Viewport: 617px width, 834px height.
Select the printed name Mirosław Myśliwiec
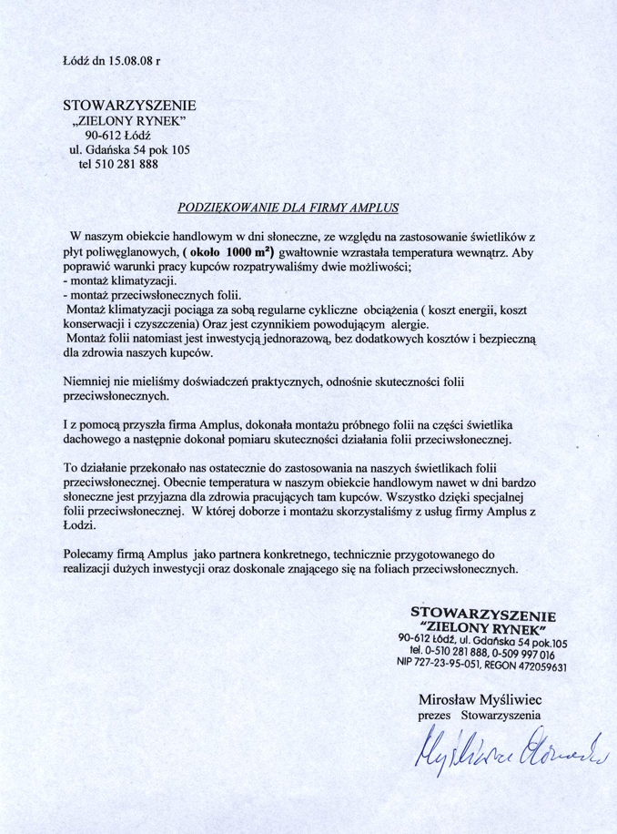coord(473,699)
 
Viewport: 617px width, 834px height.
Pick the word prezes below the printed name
coord(434,716)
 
